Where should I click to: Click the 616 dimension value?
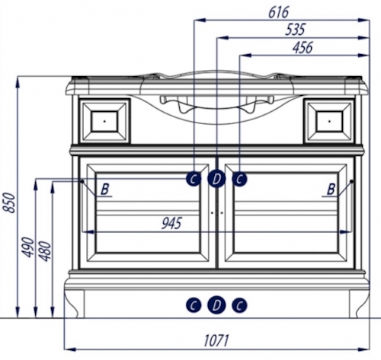point(279,12)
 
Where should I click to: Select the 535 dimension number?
point(295,30)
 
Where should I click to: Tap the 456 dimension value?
point(303,47)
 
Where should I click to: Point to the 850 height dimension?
point(8,203)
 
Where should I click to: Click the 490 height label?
point(27,247)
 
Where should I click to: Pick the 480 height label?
point(46,251)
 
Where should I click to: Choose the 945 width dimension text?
point(171,224)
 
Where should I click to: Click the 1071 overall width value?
point(216,340)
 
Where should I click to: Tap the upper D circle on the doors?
point(216,179)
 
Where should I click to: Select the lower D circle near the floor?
point(216,305)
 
